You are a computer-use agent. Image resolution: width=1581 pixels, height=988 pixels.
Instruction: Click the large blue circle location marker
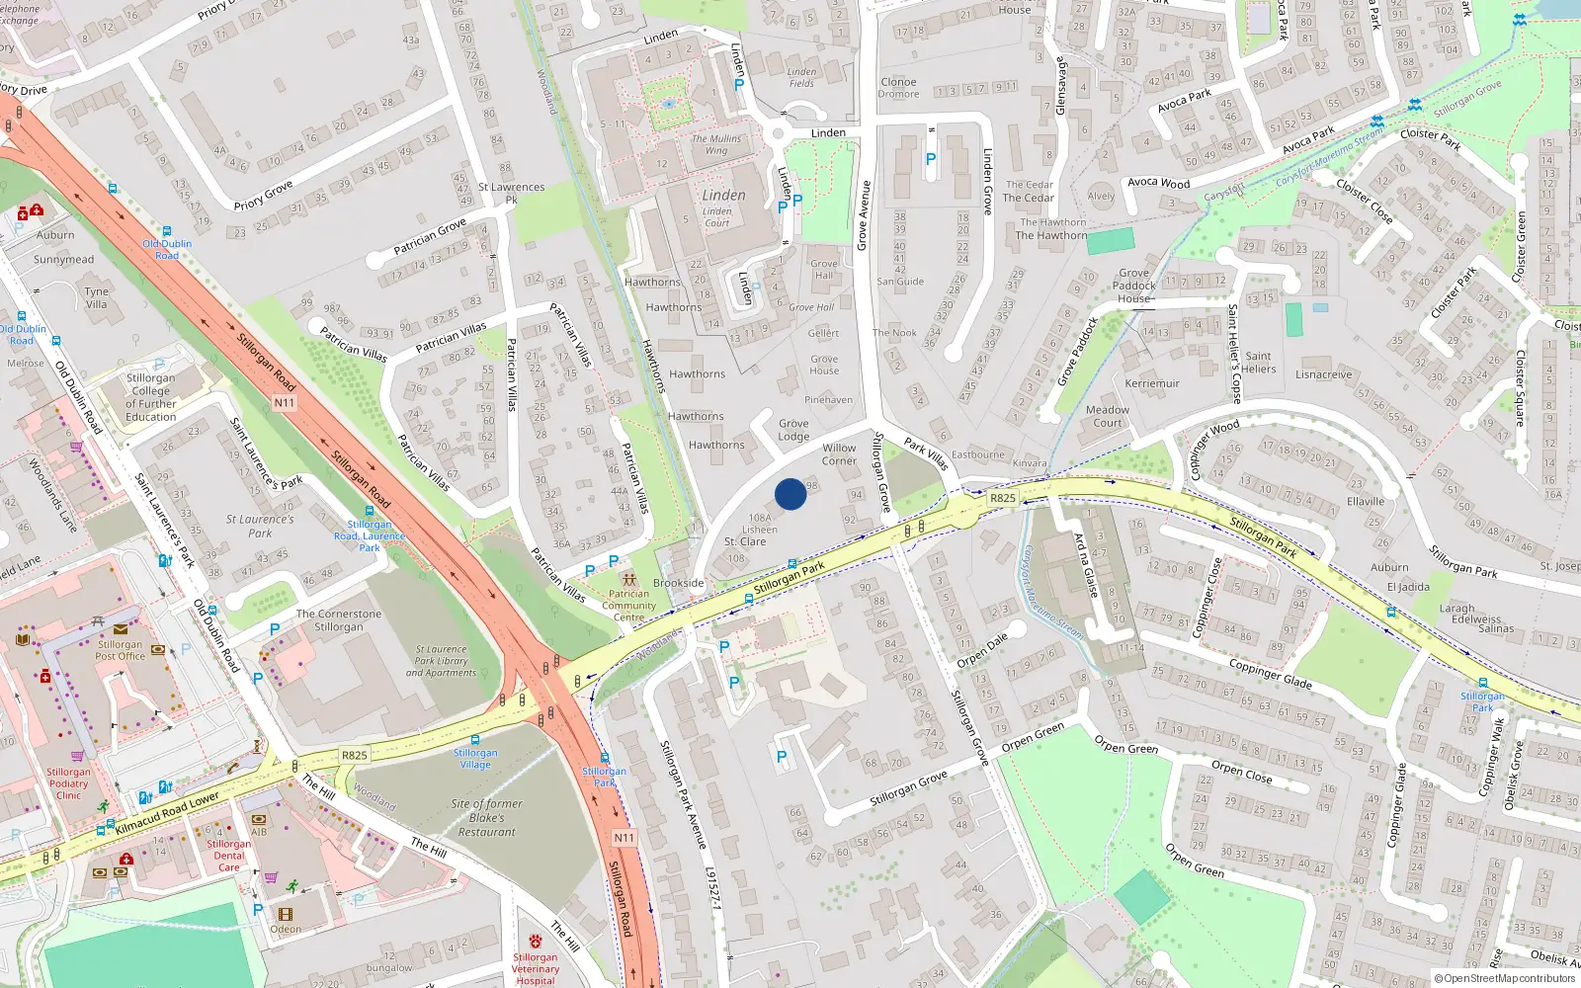click(790, 494)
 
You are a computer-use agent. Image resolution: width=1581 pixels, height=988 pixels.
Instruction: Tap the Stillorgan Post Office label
click(120, 650)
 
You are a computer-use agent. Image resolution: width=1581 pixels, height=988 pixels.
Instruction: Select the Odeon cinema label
click(286, 929)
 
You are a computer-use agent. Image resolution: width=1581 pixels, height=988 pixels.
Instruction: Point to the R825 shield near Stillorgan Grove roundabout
click(1002, 498)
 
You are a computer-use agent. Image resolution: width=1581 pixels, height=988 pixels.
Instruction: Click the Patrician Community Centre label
click(629, 606)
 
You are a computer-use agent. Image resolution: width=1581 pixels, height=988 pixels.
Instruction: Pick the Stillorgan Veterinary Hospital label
click(536, 968)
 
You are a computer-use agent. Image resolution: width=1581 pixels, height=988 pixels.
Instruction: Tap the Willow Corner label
click(839, 454)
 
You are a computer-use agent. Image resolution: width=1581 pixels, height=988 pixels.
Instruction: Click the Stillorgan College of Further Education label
click(151, 397)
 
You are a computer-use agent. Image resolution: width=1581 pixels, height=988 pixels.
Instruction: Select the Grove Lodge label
click(793, 430)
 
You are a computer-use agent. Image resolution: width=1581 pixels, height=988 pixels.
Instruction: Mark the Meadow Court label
click(1108, 416)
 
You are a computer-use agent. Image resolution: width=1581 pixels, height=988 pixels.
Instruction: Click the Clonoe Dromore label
click(898, 88)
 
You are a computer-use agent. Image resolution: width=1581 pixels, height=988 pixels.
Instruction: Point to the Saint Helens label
click(1258, 363)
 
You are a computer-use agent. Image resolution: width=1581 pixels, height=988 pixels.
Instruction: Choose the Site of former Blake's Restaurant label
click(486, 818)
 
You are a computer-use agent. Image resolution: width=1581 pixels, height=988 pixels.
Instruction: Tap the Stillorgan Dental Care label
click(228, 856)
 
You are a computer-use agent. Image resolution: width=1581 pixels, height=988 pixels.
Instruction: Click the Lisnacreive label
click(1323, 374)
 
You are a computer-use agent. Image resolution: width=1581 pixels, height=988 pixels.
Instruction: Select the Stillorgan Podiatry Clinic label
click(68, 783)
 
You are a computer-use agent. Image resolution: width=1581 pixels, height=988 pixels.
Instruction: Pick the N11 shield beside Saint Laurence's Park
click(285, 402)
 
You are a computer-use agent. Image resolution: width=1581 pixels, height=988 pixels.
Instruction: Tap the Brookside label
click(679, 583)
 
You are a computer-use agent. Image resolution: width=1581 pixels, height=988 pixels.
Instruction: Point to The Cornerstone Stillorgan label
click(339, 620)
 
